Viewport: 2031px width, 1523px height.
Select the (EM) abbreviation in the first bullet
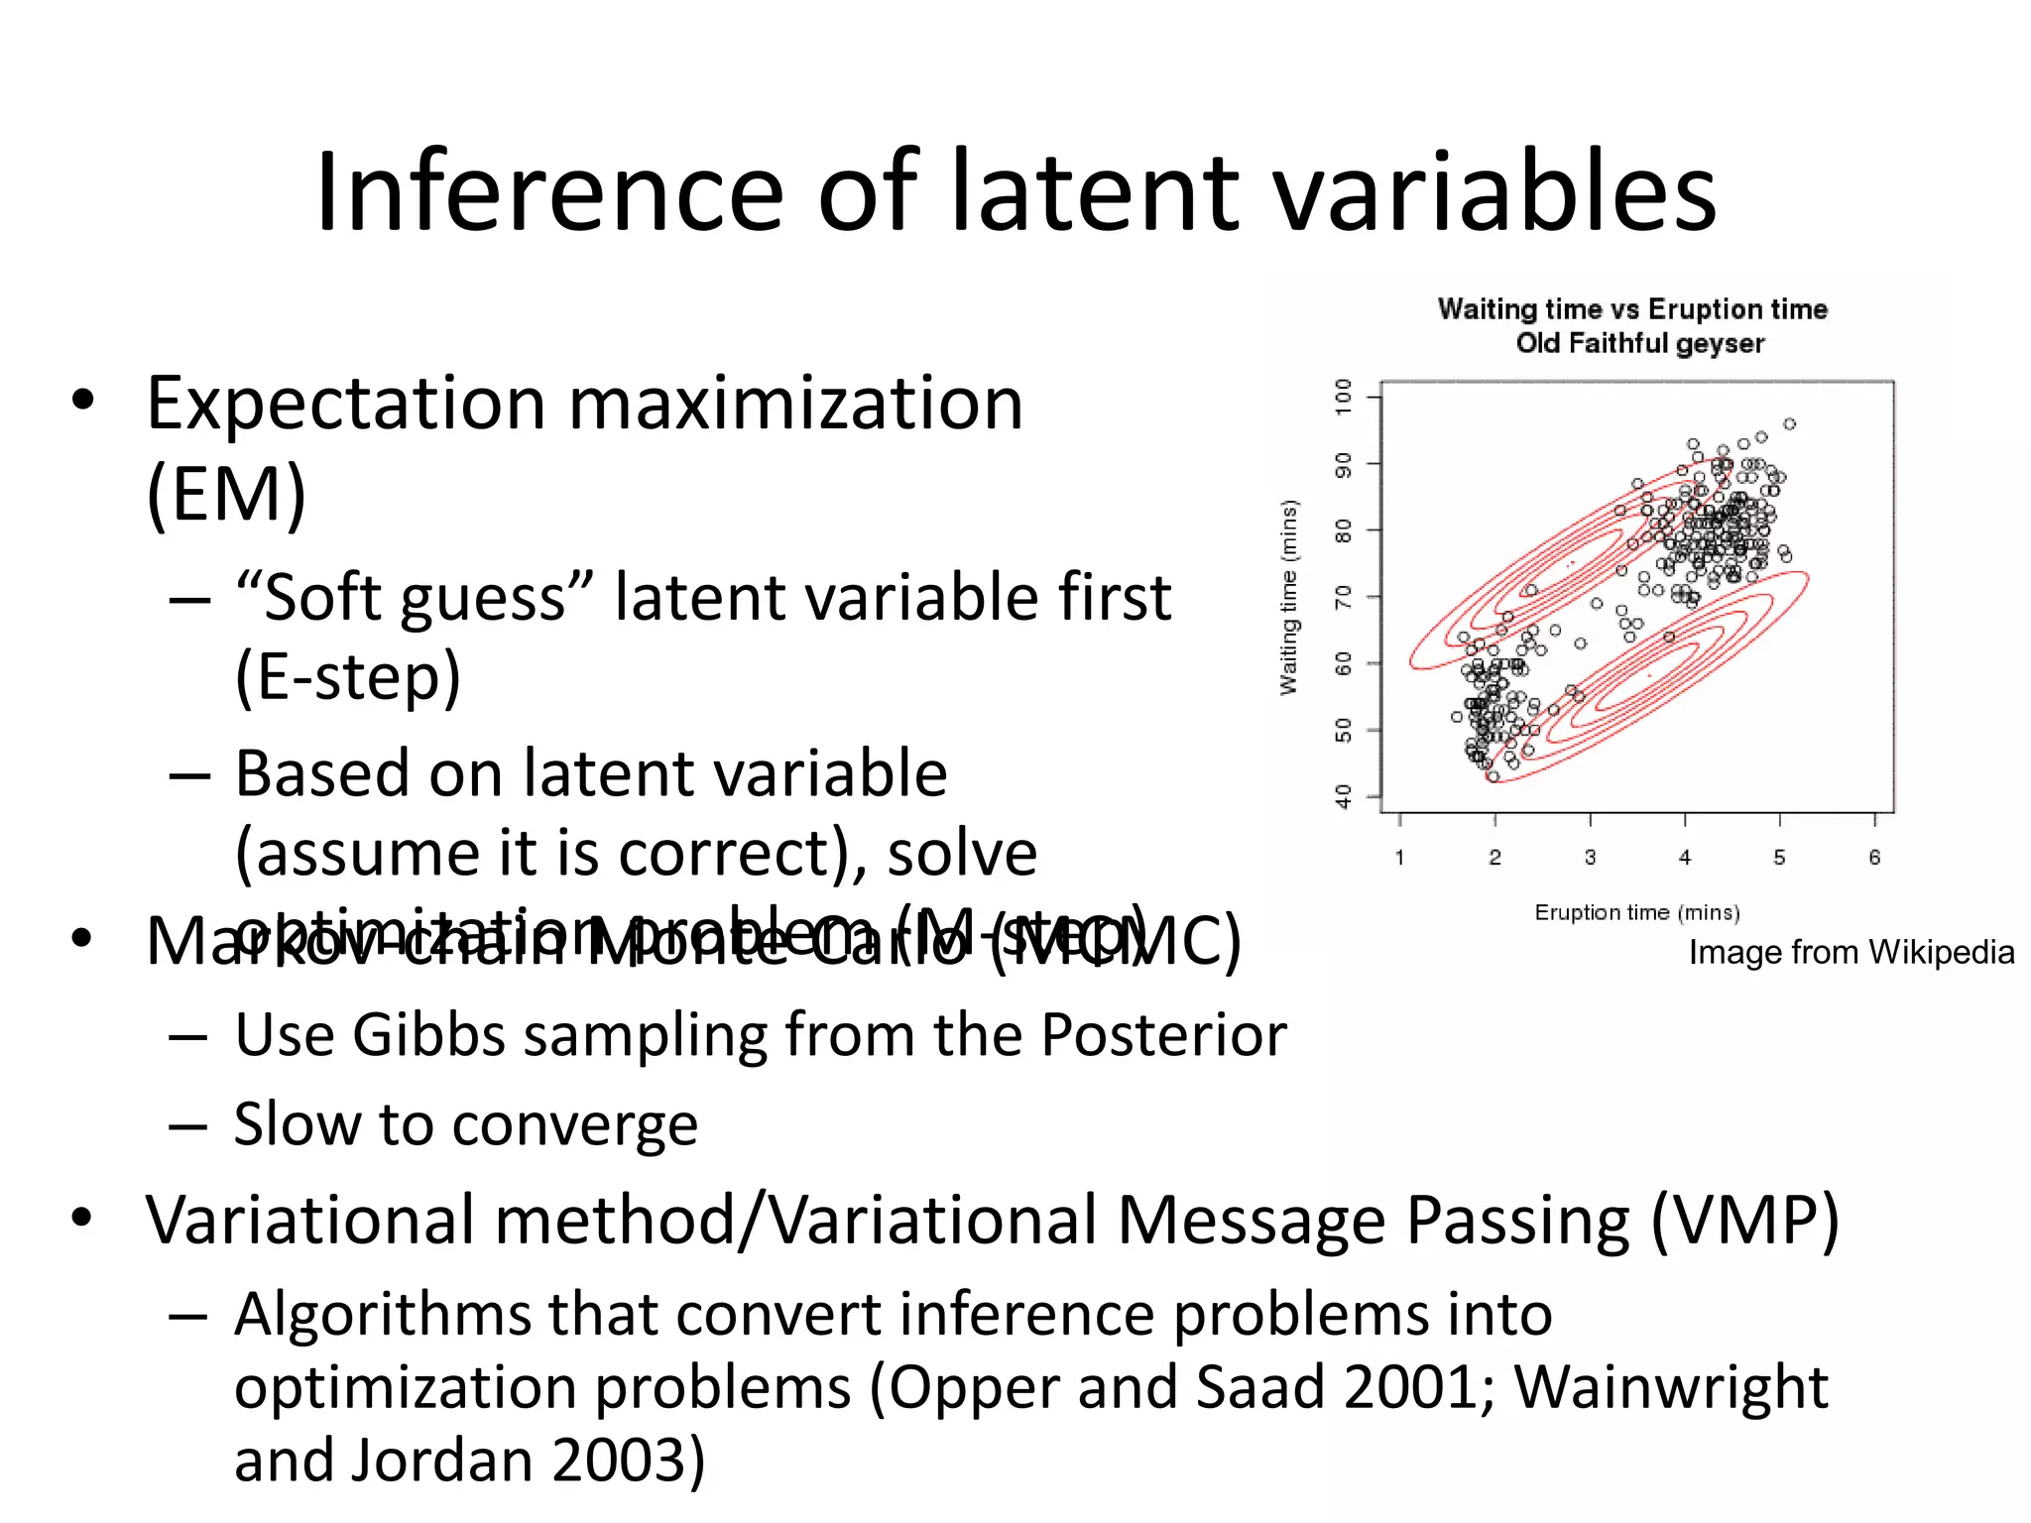click(x=226, y=494)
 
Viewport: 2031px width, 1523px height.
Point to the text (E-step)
click(x=348, y=677)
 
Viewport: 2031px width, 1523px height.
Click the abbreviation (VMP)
click(x=1744, y=1220)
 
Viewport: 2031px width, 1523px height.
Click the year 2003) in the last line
click(x=629, y=1461)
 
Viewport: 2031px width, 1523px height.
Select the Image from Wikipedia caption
click(x=1851, y=952)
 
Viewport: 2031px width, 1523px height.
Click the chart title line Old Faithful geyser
click(x=1639, y=344)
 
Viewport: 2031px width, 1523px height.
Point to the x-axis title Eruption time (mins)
click(x=1636, y=912)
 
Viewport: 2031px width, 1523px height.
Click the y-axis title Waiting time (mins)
click(x=1288, y=597)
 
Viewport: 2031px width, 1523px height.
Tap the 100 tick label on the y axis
click(x=1343, y=397)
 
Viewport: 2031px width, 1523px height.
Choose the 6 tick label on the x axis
click(x=1873, y=858)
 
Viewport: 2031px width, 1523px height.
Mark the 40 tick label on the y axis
click(x=1343, y=796)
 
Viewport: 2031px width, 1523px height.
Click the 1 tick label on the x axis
click(x=1399, y=858)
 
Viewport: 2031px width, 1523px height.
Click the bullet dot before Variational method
click(x=82, y=1218)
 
